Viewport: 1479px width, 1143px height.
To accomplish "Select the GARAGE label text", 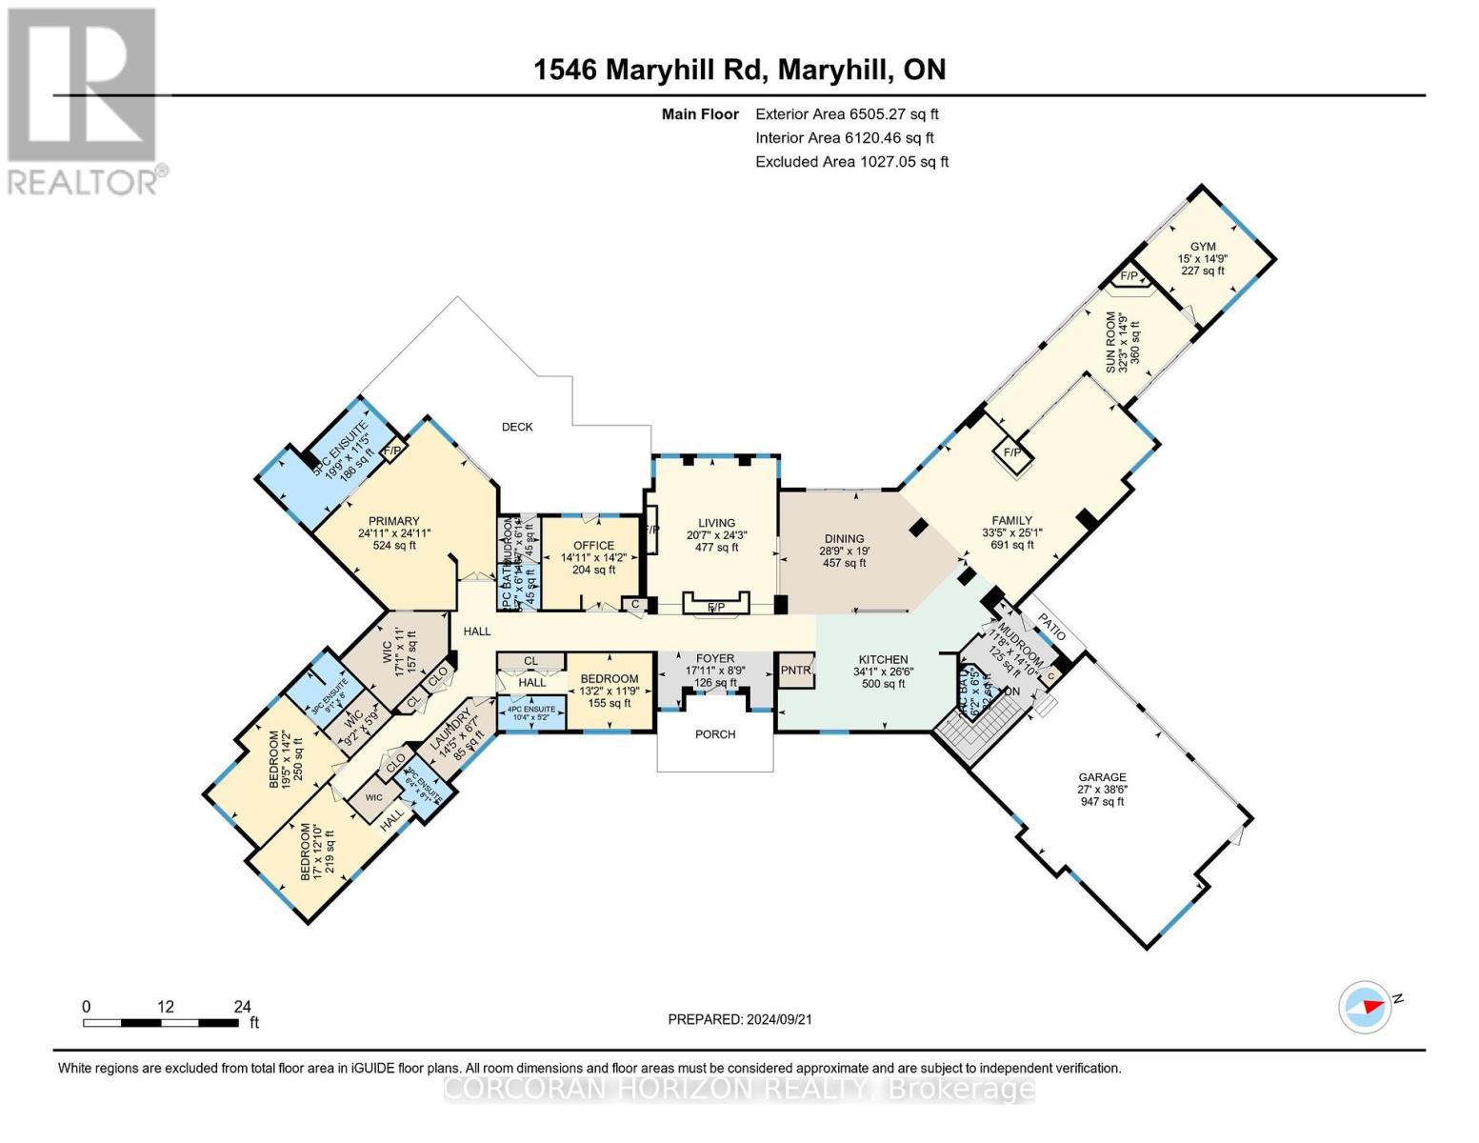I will [1102, 777].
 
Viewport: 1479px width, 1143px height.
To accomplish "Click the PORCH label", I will [715, 734].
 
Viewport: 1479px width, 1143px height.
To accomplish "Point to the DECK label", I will [517, 427].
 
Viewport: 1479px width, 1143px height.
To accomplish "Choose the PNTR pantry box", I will [795, 670].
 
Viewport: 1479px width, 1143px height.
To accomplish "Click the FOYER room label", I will [715, 658].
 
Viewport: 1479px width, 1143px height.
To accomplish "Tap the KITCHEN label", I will [883, 659].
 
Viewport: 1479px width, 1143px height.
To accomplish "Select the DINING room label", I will [844, 538].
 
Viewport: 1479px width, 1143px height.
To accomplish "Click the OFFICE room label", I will [593, 546].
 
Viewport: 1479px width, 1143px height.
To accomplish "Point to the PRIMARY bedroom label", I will [394, 521].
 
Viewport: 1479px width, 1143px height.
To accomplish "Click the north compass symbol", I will [1365, 1006].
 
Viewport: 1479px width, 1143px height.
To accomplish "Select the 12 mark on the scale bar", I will [166, 1007].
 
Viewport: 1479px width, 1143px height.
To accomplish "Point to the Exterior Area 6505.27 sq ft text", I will [847, 114].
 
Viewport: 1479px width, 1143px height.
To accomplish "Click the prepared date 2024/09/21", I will [740, 1019].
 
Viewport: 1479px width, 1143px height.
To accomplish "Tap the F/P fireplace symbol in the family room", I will [1012, 452].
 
